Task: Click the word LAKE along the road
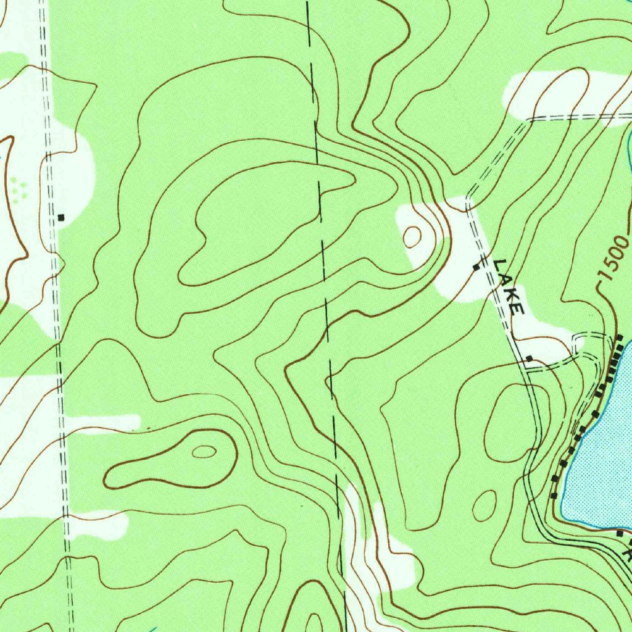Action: tap(510, 286)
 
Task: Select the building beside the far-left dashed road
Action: tap(61, 217)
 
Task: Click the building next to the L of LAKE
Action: tap(476, 267)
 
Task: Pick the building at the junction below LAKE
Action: tap(529, 358)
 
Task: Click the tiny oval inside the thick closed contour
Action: tap(204, 452)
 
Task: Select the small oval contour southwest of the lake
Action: tap(484, 505)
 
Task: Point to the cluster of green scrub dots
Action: tap(19, 188)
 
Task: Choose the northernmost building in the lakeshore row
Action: tap(620, 338)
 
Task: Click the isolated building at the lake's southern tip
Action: tap(620, 532)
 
